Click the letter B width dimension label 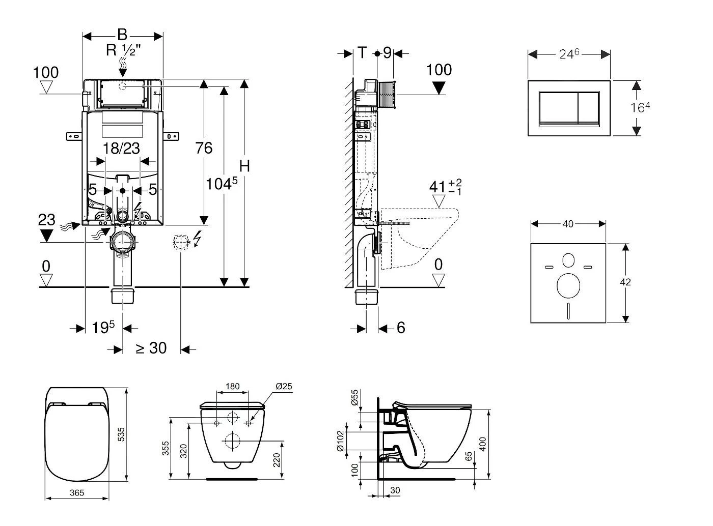click(122, 35)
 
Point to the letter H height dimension click(245, 166)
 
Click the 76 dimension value click(204, 148)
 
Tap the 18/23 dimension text click(121, 148)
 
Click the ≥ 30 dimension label click(151, 348)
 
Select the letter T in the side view click(362, 52)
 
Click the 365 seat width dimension click(76, 492)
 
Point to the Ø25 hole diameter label click(284, 387)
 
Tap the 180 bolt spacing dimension click(232, 387)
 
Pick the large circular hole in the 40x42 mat click(568, 286)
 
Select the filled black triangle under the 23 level click(46, 236)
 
